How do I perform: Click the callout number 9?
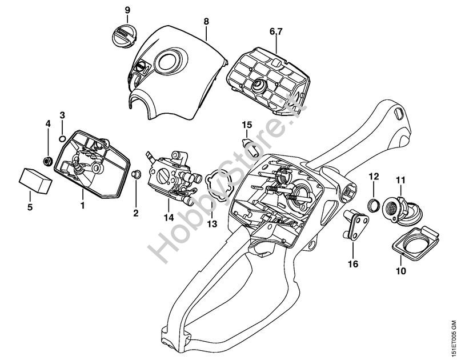pyautogui.click(x=127, y=10)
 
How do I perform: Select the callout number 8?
pyautogui.click(x=206, y=21)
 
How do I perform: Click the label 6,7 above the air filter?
pyautogui.click(x=276, y=33)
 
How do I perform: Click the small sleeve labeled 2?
pyautogui.click(x=137, y=174)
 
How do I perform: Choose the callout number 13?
pyautogui.click(x=212, y=225)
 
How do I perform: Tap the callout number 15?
pyautogui.click(x=246, y=124)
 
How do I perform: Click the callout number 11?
pyautogui.click(x=400, y=181)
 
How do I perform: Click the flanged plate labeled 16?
pyautogui.click(x=354, y=225)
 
